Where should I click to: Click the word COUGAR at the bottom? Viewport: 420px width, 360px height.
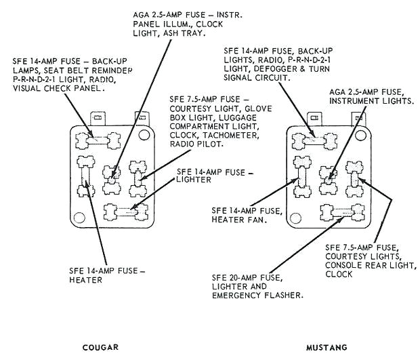click(100, 347)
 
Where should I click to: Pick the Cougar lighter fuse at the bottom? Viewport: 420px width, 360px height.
click(125, 212)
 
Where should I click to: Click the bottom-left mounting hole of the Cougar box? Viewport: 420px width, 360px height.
click(78, 219)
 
